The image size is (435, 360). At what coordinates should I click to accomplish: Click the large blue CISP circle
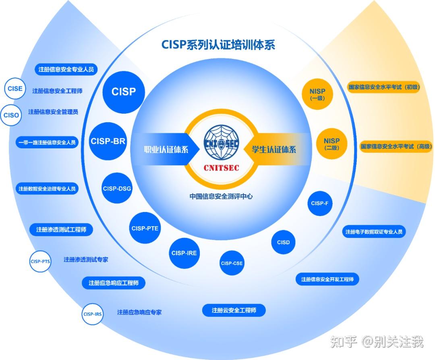(x=124, y=92)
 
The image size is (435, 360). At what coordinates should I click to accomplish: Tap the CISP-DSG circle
(x=117, y=188)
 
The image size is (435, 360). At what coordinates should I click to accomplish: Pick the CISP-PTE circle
(x=145, y=228)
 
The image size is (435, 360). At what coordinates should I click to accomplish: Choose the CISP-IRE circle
(x=184, y=253)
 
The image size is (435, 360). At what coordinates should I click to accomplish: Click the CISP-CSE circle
(x=232, y=263)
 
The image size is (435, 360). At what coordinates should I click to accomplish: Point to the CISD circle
(x=283, y=242)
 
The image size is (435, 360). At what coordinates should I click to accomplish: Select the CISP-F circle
(x=319, y=203)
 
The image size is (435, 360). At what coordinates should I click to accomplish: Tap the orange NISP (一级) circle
(x=317, y=94)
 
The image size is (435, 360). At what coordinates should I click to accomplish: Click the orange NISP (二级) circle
(x=331, y=144)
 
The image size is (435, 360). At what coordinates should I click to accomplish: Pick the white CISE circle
(x=15, y=89)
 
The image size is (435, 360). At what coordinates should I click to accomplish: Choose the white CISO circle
(x=11, y=115)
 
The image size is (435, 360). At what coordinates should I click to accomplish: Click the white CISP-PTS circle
(x=40, y=261)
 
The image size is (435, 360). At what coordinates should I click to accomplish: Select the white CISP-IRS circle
(x=93, y=314)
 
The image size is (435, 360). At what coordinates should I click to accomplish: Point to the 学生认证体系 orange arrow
(x=276, y=150)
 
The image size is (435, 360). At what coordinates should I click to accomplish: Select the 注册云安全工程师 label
(x=234, y=310)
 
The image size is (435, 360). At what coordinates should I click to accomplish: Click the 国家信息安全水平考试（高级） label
(x=396, y=146)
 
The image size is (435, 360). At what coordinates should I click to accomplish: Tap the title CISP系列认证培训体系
(x=218, y=44)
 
